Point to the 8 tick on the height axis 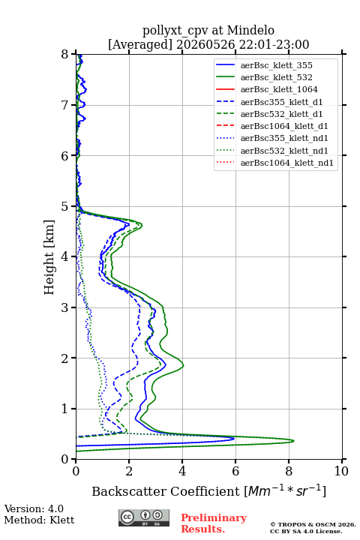coord(73,54)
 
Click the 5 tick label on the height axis coord(65,206)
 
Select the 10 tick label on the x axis coord(341,471)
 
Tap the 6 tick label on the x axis coord(235,471)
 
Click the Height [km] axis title coord(49,257)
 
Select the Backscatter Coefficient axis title coord(208,491)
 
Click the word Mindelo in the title coord(250,30)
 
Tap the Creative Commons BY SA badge coord(144,517)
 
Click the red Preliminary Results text coord(214,523)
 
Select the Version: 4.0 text coord(34,508)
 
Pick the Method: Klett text coord(39,520)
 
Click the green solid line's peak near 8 coord(293,440)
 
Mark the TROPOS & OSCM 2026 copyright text coord(313,524)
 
